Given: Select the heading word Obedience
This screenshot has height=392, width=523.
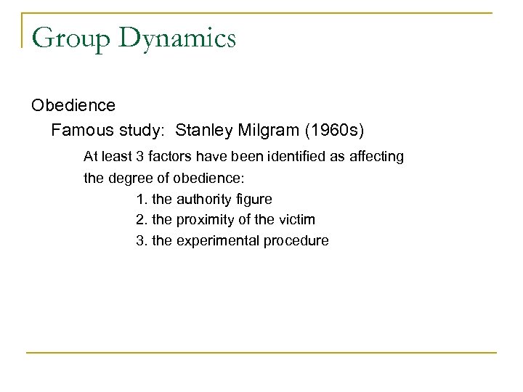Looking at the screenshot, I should coord(73,106).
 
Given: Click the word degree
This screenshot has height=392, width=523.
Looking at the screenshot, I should coord(129,176).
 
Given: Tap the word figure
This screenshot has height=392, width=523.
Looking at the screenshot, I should coord(254,197).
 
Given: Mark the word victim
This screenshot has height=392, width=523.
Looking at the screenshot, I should coord(297,219).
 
